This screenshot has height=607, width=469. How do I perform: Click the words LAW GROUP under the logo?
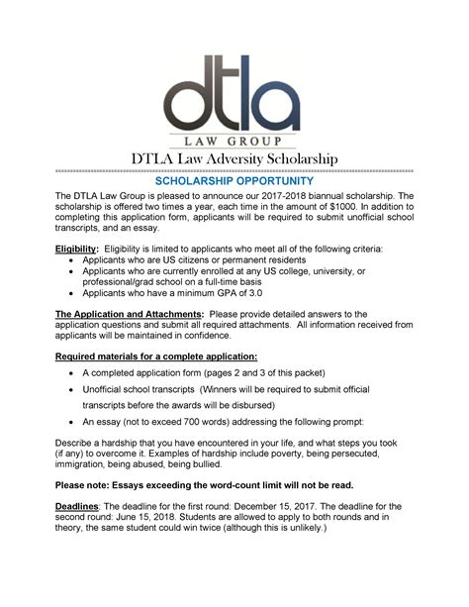(234, 140)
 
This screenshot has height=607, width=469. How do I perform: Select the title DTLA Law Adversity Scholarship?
(234, 159)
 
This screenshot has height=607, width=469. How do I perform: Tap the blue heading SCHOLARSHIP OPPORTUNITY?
(234, 182)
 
